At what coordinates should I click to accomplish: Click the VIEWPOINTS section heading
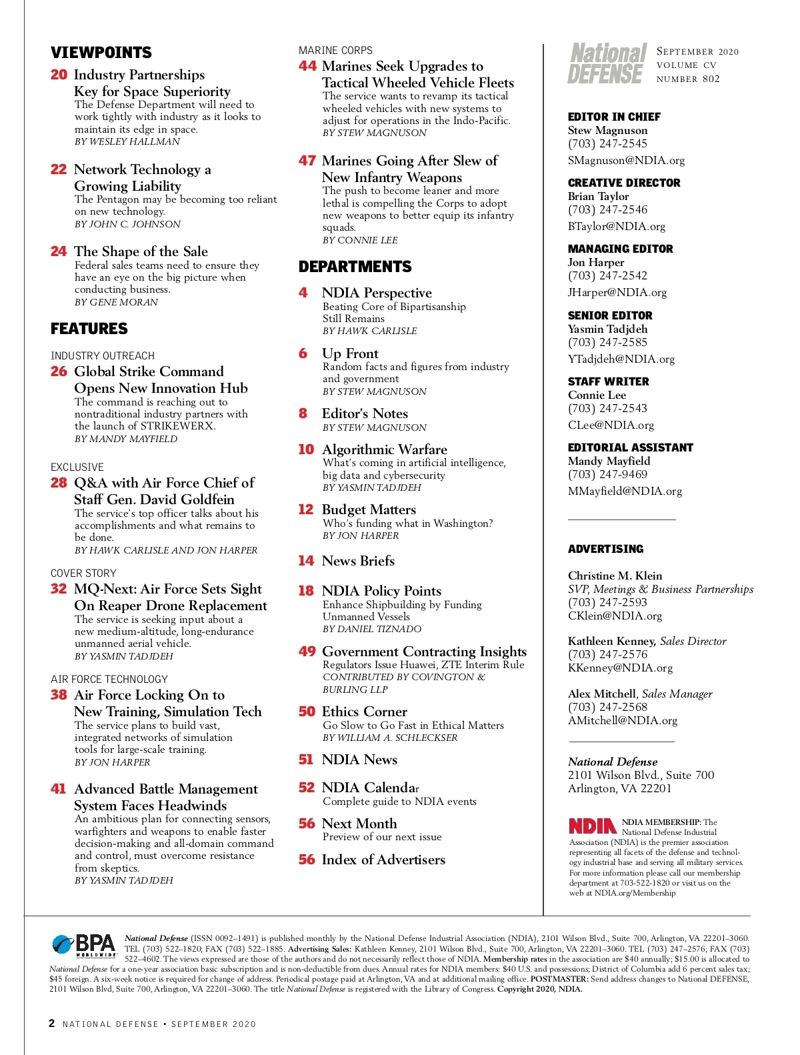click(101, 53)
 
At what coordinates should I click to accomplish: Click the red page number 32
click(59, 589)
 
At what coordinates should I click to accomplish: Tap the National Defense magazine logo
click(607, 63)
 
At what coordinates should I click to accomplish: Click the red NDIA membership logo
click(592, 826)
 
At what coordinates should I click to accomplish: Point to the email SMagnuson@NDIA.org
click(626, 160)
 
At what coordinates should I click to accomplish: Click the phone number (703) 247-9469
click(607, 474)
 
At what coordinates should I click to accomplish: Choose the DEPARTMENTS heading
click(355, 267)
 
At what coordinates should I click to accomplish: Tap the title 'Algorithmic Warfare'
click(384, 449)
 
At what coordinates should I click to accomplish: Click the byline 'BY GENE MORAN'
click(116, 302)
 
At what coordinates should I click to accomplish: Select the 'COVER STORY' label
click(83, 573)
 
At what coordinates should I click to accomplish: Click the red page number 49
click(307, 651)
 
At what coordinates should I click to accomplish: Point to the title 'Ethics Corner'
click(364, 712)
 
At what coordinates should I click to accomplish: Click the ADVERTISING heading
click(605, 549)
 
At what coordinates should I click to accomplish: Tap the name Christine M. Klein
click(615, 576)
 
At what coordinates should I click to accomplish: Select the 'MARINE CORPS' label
click(335, 50)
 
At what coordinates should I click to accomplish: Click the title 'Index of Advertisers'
click(383, 860)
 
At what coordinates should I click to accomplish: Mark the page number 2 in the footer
click(52, 1023)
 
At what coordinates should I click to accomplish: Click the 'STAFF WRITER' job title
click(608, 381)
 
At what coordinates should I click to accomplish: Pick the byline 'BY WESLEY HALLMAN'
click(127, 141)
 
